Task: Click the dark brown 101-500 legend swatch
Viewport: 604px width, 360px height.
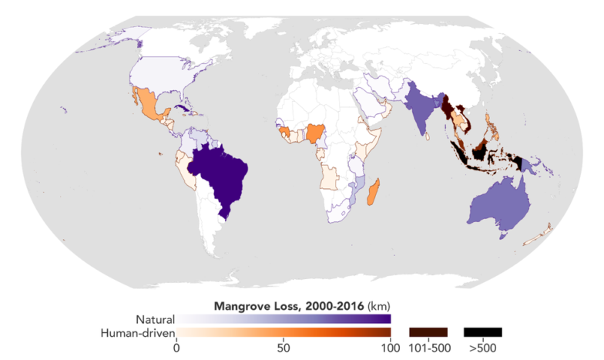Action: [x=428, y=332]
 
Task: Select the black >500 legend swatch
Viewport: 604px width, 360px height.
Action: [x=483, y=332]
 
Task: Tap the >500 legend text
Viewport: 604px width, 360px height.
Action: [x=483, y=348]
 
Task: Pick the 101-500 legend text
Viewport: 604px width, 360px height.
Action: [x=428, y=348]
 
